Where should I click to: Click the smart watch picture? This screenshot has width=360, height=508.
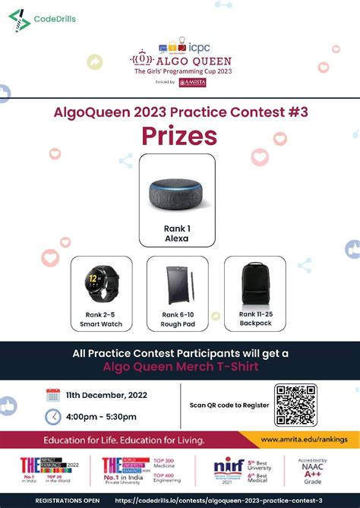[101, 286]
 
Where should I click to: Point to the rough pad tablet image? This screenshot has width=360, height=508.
[178, 286]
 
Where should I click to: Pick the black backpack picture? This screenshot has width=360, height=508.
[254, 284]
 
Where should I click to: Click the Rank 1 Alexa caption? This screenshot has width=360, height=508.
[176, 232]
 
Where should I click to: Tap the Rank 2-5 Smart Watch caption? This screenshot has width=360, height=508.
[101, 319]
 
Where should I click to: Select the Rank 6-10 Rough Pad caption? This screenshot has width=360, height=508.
[178, 319]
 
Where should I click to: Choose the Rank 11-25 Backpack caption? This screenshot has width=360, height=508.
[254, 319]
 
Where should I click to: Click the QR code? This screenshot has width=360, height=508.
[295, 404]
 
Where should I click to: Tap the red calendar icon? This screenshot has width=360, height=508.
[53, 395]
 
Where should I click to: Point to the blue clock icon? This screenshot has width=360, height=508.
[53, 417]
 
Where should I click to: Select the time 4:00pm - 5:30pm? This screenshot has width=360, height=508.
[101, 417]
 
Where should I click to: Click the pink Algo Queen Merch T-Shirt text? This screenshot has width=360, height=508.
[180, 367]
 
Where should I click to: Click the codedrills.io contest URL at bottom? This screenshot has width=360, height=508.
[219, 501]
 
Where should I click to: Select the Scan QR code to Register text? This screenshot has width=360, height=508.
[229, 405]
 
